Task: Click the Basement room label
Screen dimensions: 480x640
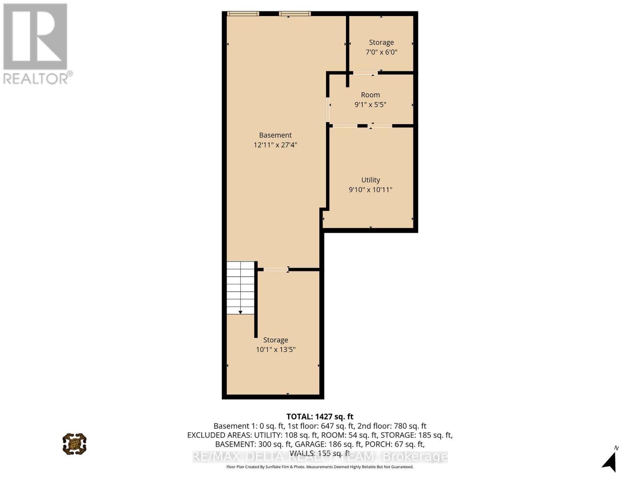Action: click(275, 135)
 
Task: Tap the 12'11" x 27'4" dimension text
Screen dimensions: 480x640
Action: click(275, 145)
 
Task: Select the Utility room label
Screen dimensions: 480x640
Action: click(370, 180)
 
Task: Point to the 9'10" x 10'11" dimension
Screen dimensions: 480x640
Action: click(370, 190)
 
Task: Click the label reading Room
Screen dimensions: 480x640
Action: click(370, 95)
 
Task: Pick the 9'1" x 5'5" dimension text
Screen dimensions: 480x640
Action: click(370, 104)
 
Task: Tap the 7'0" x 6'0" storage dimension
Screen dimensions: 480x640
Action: click(381, 52)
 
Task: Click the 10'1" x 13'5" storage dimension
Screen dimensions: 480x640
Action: click(276, 350)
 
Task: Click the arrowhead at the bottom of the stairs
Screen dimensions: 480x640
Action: click(240, 312)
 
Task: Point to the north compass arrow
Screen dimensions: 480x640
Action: click(609, 462)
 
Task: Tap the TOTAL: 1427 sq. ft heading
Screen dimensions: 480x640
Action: click(320, 417)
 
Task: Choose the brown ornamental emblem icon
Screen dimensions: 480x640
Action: click(74, 444)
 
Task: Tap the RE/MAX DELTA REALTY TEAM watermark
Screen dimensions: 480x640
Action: click(320, 456)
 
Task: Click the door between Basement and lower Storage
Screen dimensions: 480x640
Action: click(275, 269)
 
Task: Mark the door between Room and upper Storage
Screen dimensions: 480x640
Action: click(365, 73)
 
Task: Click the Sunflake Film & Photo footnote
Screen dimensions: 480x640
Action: click(320, 467)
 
